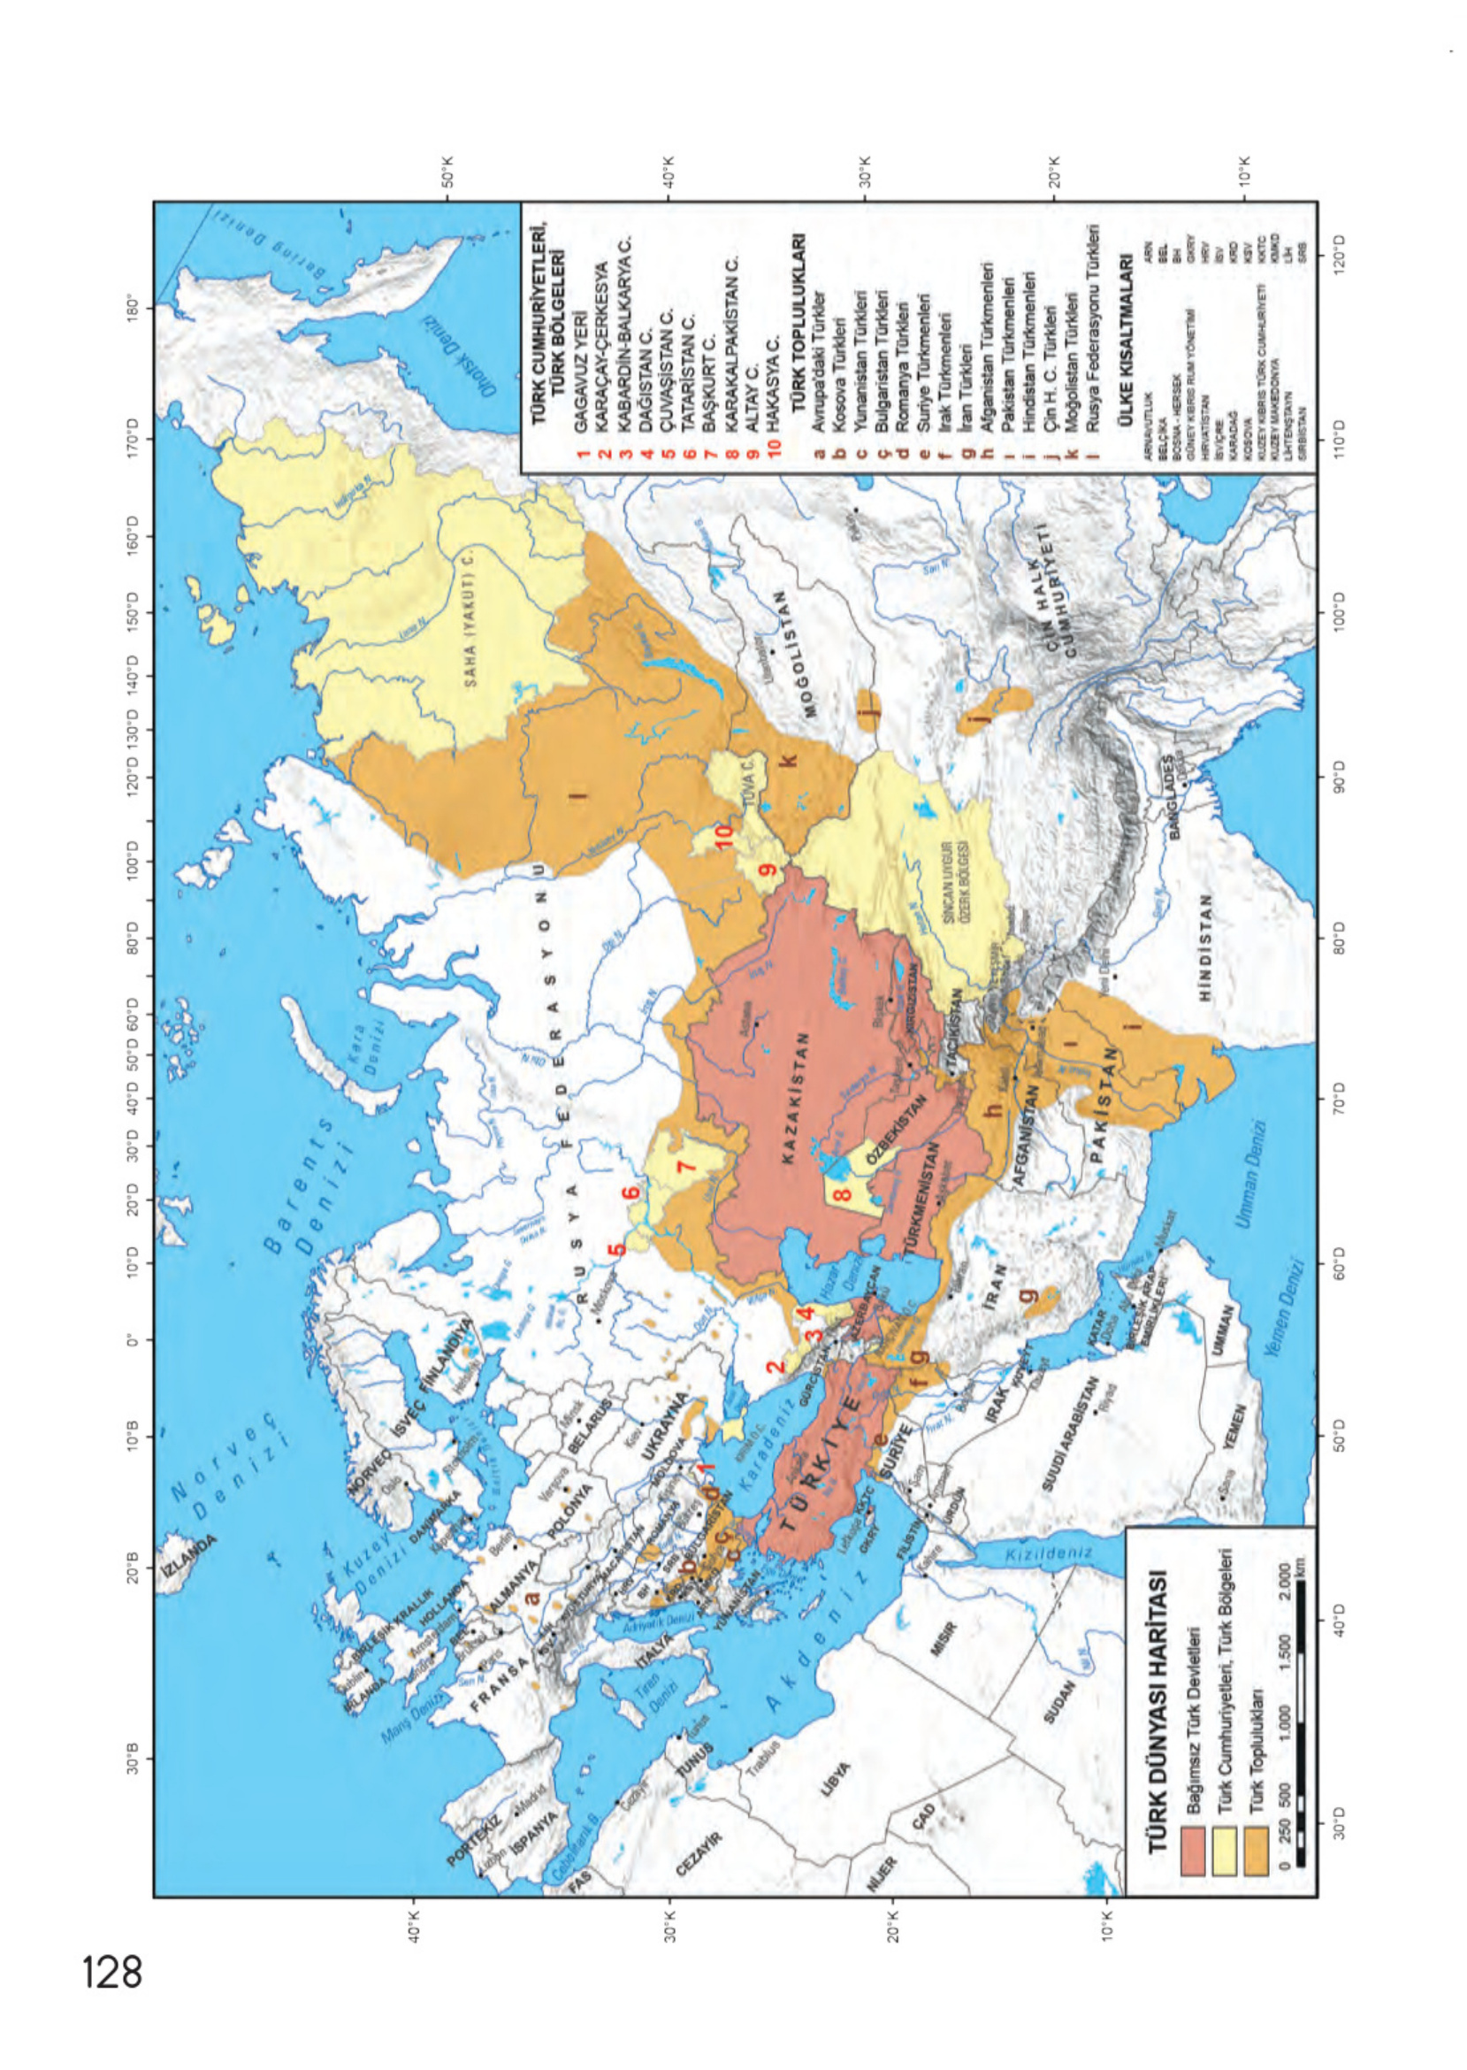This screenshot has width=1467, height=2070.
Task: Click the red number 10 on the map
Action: click(723, 837)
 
